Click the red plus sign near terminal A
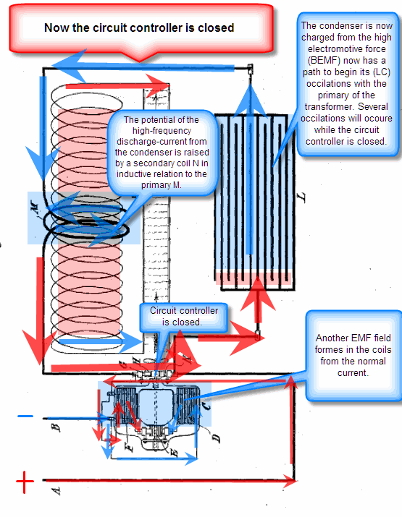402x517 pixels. (x=25, y=482)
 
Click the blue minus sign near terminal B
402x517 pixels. (x=25, y=416)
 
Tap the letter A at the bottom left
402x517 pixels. (x=56, y=491)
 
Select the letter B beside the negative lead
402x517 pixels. (x=56, y=427)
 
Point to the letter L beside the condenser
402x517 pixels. (x=301, y=197)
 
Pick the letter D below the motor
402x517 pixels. (x=216, y=438)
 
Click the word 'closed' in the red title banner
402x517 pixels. (x=216, y=27)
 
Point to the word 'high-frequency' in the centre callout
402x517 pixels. (x=162, y=131)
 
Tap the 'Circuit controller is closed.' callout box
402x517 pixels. (x=184, y=317)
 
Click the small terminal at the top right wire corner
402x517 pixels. (x=251, y=69)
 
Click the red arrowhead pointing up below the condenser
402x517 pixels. (x=258, y=294)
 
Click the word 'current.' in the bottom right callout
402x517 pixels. (x=353, y=373)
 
